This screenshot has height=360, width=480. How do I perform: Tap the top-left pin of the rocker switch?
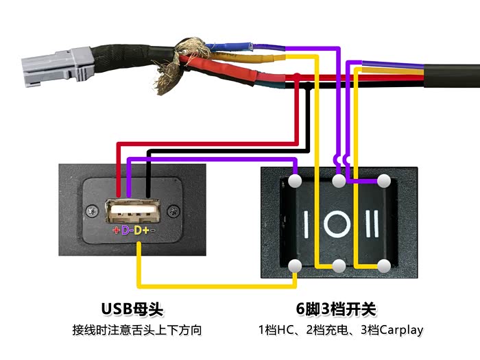[296, 181]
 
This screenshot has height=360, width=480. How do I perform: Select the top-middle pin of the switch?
[339, 181]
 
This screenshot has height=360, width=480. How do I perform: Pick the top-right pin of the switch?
[383, 181]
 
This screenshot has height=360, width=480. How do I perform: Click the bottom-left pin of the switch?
[296, 266]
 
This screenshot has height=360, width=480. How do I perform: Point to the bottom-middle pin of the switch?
[339, 266]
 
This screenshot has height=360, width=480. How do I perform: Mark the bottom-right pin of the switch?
[383, 266]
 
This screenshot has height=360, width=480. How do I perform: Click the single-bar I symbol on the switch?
[305, 224]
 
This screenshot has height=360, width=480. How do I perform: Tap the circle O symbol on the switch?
[339, 224]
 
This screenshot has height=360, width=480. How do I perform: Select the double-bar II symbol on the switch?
[373, 224]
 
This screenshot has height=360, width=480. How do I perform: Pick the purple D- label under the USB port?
[127, 230]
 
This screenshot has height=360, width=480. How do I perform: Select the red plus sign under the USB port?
[117, 230]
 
